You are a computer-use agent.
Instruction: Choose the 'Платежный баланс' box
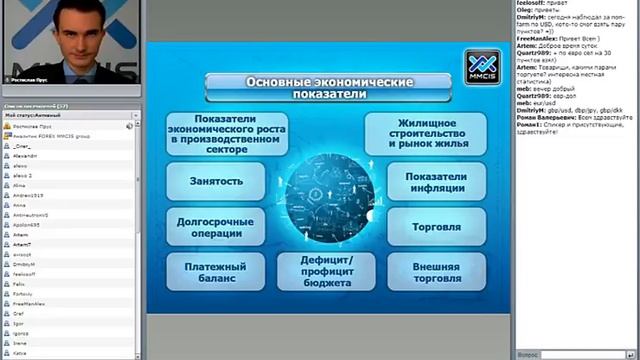[216, 270]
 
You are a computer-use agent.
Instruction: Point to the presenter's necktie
[73, 73]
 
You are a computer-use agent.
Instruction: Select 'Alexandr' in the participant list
[24, 156]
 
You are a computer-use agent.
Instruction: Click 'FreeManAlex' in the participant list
[29, 302]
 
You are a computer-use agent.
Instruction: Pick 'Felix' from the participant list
[18, 283]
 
